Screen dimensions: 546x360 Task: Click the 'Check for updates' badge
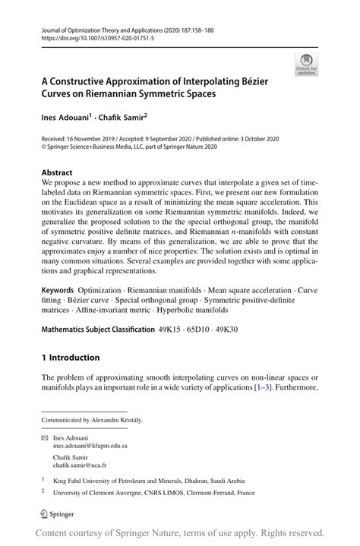[308, 64]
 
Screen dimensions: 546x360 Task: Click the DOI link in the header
[93, 36]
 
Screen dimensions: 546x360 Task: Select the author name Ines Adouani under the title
[65, 118]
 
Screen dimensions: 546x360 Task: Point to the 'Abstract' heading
[57, 172]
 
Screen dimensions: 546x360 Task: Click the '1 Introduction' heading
[70, 357]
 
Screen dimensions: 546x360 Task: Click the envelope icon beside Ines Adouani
[45, 437]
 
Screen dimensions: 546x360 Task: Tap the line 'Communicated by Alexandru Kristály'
[91, 419]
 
